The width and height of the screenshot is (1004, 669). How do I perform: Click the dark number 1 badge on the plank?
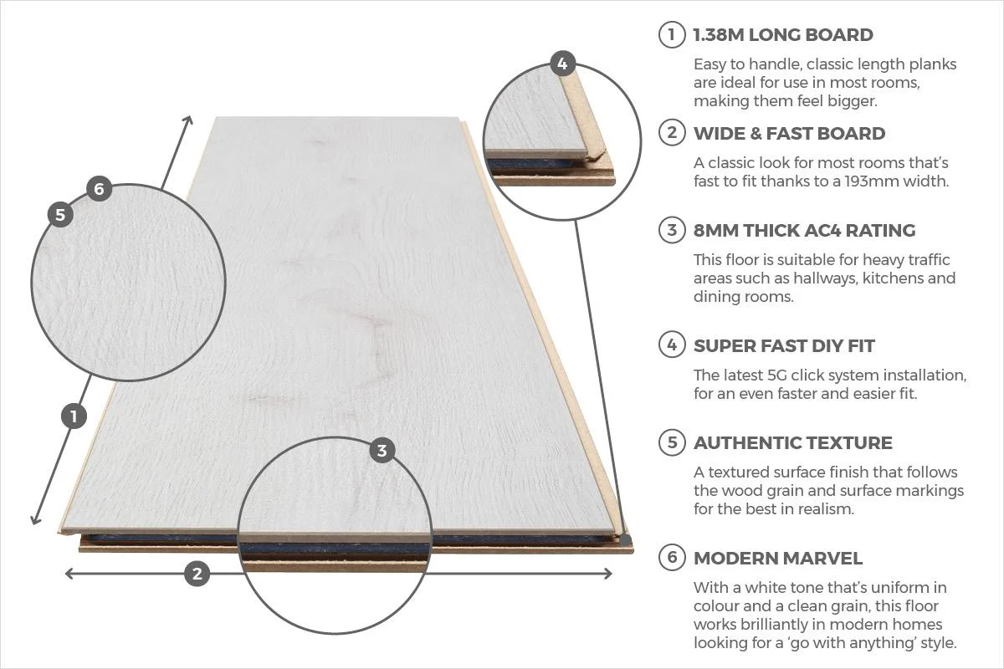[74, 416]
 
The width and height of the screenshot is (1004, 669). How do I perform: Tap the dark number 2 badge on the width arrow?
[197, 573]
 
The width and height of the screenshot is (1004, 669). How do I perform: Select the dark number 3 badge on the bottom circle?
[382, 451]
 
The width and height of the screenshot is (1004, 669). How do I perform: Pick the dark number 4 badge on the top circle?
[562, 63]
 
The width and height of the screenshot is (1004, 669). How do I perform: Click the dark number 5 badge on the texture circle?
[60, 214]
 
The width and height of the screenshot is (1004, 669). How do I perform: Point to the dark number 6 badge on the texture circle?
[99, 189]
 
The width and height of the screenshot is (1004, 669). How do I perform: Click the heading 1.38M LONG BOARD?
[782, 35]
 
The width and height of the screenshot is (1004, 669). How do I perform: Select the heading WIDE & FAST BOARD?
[789, 133]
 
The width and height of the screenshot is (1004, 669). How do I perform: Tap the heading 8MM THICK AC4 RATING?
[804, 230]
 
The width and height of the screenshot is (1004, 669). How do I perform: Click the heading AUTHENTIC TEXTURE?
[792, 442]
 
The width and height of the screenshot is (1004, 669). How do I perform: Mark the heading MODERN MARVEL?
[777, 558]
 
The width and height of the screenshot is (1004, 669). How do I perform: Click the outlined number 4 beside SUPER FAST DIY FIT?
[671, 345]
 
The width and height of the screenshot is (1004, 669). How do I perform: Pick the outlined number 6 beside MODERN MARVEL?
[671, 558]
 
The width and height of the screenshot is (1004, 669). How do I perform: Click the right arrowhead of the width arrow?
[608, 573]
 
